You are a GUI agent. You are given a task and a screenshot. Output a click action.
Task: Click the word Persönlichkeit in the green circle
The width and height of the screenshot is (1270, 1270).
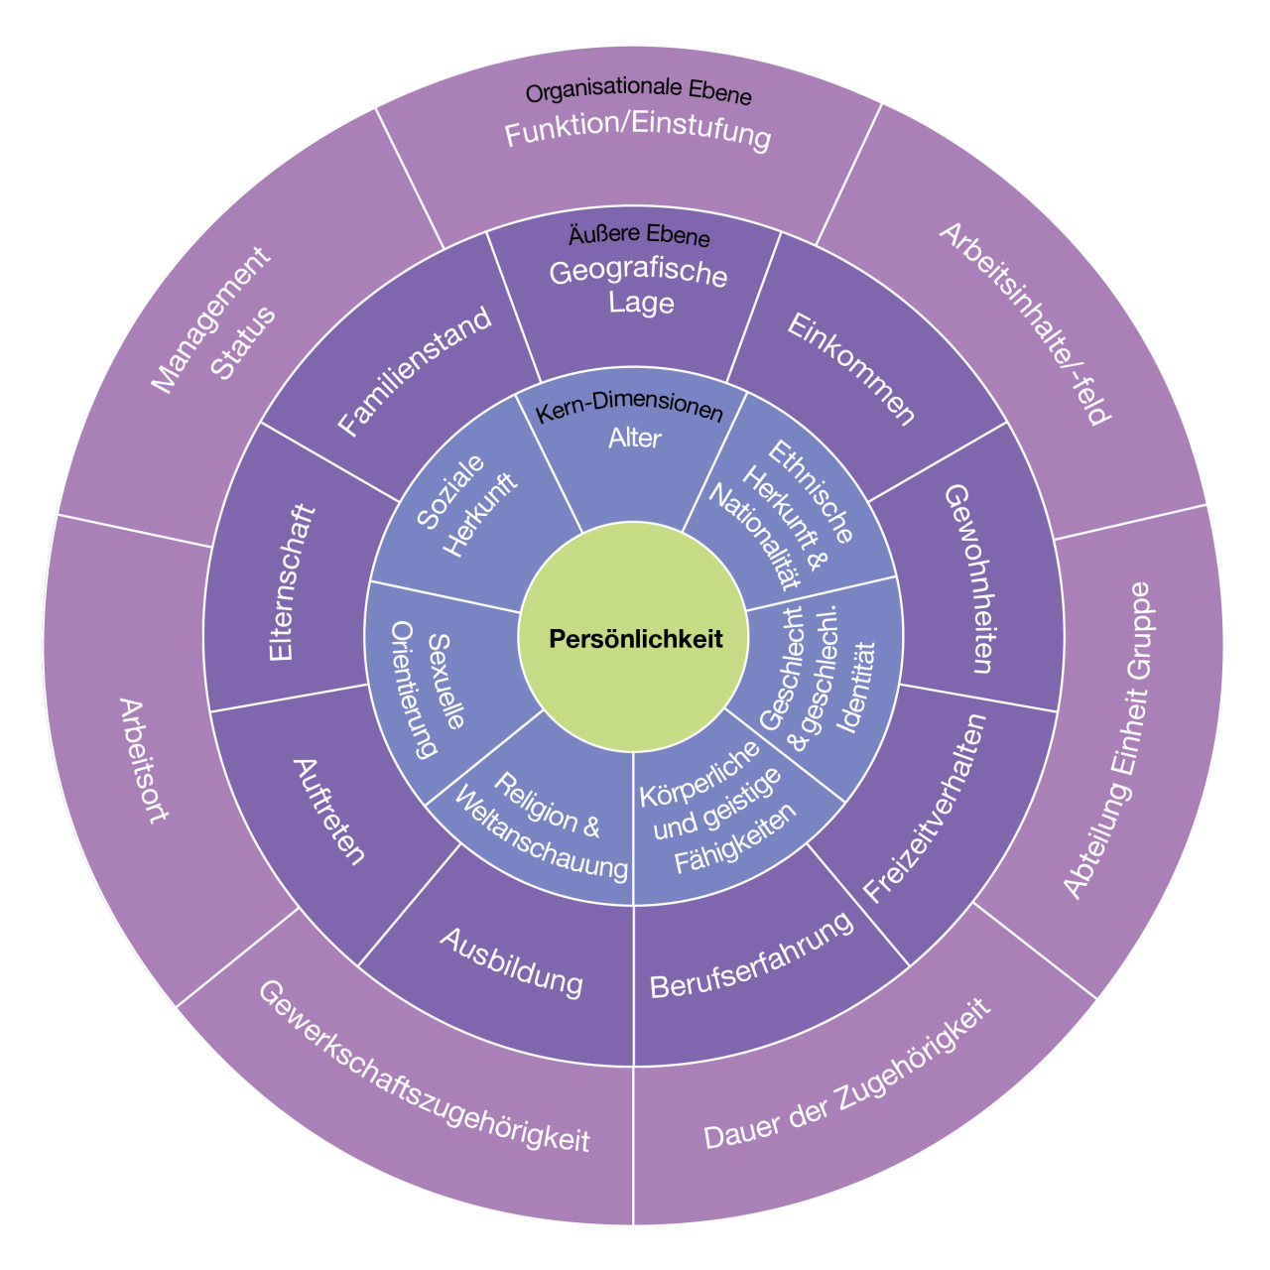635,639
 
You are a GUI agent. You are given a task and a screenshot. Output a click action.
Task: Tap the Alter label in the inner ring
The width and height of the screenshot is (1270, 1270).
634,439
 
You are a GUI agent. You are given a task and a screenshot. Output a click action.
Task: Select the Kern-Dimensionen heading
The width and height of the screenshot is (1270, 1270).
629,408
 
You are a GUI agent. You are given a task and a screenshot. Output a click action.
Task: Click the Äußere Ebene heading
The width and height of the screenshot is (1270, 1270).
639,235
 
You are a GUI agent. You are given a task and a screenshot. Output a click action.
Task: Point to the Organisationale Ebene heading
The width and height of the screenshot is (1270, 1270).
638,91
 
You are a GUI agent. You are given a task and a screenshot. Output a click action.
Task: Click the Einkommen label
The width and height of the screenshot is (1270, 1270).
851,369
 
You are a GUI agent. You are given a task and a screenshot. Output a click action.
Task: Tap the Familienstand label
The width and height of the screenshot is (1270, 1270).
415,371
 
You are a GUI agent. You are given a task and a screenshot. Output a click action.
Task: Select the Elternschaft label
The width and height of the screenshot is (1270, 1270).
292,582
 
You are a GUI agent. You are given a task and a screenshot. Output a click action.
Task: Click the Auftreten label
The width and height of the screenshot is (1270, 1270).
328,812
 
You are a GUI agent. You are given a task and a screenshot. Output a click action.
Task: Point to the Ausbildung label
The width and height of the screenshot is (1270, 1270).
511,962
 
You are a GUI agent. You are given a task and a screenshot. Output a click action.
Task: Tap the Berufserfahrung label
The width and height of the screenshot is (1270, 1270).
752,956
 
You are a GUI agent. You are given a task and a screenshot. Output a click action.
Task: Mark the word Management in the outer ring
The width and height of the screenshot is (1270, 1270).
210,320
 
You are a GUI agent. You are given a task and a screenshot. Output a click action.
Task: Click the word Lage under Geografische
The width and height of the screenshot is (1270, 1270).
641,304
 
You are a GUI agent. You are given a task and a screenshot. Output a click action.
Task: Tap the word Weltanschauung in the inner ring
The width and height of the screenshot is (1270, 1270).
541,833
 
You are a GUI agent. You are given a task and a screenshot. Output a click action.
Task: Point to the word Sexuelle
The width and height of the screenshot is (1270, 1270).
447,682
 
